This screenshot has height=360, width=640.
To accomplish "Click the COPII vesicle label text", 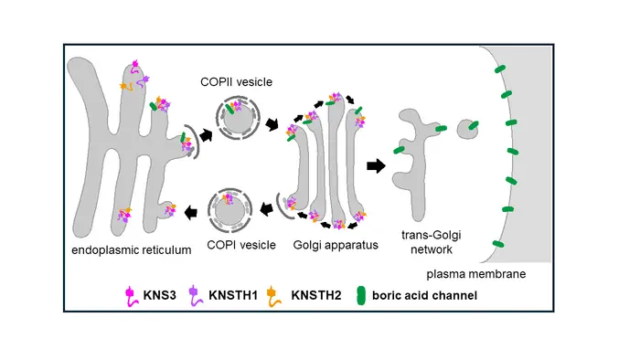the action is [236, 82].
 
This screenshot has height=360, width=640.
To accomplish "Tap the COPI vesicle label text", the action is [241, 245].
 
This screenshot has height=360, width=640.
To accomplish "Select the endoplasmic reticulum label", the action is [132, 250].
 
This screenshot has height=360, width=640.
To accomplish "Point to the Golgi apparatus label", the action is [336, 245].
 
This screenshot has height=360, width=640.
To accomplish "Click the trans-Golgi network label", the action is [432, 242].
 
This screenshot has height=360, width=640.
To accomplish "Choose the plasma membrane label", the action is [476, 274].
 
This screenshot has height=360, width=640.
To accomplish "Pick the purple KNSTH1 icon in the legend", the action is [196, 296].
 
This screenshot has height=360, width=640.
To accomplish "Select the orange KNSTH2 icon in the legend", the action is [273, 296].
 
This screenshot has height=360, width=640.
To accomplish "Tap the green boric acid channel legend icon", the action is [361, 295].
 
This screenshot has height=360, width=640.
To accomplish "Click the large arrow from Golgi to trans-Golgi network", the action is [376, 165].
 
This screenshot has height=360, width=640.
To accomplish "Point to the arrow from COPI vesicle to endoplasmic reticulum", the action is [191, 212].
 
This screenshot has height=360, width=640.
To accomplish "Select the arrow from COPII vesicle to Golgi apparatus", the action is [272, 124].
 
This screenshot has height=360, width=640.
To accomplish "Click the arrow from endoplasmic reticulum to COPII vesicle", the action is [206, 134].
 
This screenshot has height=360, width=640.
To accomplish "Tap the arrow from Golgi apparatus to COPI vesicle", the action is [267, 208].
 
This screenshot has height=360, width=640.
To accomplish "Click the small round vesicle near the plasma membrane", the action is [466, 129].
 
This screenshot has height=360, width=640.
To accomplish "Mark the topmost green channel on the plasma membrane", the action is [500, 69].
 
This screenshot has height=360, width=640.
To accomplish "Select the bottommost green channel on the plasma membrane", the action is [498, 244].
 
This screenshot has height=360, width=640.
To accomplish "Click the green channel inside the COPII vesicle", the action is [230, 108].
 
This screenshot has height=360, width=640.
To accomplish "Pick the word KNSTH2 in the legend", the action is [316, 295].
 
